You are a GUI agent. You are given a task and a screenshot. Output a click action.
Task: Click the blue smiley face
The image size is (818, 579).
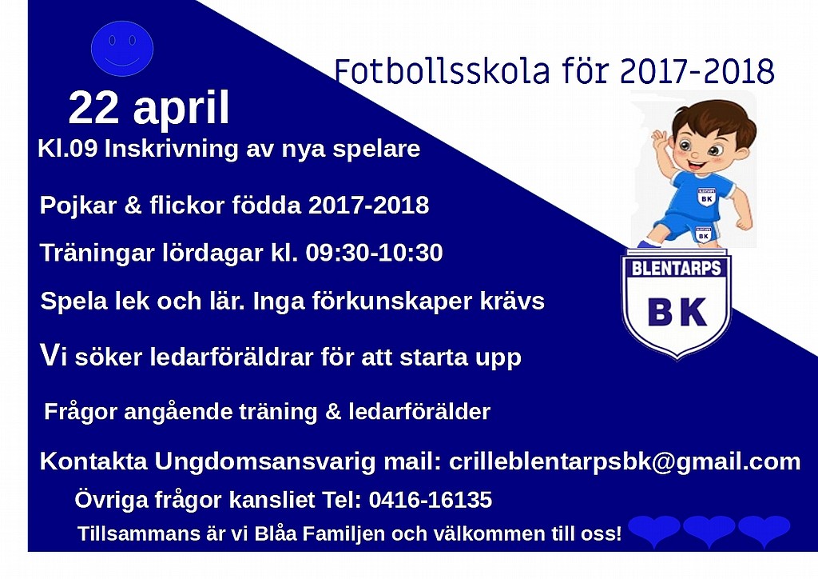[x=122, y=49]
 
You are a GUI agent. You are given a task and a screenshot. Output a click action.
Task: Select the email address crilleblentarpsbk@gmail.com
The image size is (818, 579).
[x=625, y=461]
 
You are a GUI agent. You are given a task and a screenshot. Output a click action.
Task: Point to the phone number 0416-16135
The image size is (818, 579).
[x=431, y=500]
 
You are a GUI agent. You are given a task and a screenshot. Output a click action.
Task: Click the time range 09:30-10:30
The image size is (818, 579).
[x=374, y=253]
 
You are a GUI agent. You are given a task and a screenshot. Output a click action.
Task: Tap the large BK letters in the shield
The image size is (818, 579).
[x=677, y=312]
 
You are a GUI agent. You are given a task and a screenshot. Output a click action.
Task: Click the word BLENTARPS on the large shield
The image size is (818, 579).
[x=676, y=269]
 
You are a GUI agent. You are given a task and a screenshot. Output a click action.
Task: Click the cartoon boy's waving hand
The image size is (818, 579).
[x=661, y=141]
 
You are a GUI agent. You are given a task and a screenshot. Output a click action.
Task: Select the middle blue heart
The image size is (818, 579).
[x=709, y=530]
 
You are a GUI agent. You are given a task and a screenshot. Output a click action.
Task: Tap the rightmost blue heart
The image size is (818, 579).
[x=764, y=530]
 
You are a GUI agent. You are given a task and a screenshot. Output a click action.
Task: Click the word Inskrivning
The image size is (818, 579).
[x=172, y=149]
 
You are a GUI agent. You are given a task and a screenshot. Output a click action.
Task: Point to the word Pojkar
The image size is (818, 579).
[x=78, y=206]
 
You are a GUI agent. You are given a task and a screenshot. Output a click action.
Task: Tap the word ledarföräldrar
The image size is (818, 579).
[x=232, y=357]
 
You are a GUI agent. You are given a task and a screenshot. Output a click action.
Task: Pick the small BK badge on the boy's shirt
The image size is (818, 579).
[x=706, y=198]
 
